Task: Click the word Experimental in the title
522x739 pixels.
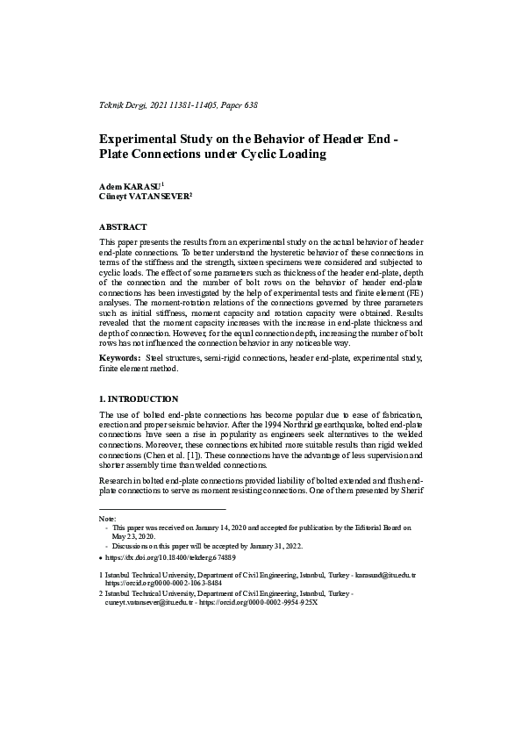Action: point(143,139)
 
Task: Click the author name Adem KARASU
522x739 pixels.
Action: point(130,187)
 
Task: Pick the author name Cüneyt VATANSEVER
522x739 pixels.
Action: point(144,197)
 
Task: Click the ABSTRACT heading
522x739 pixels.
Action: point(123,226)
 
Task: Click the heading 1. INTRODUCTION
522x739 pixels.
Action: point(139,398)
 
